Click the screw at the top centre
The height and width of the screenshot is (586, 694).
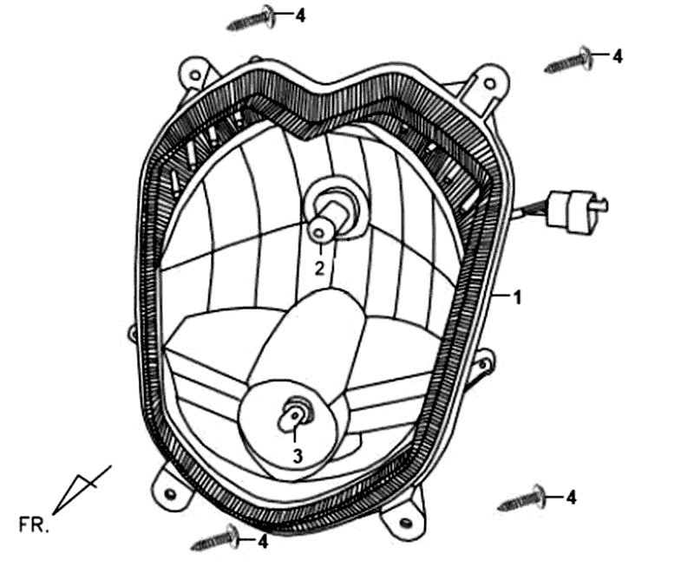tap(252, 18)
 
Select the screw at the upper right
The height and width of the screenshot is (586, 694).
tap(568, 60)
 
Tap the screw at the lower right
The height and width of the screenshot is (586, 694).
tap(521, 498)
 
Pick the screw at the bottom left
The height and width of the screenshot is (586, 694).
tap(214, 537)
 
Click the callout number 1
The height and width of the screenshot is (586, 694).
tap(517, 298)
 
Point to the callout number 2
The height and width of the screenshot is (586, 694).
tap(319, 269)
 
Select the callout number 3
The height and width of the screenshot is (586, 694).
tap(298, 456)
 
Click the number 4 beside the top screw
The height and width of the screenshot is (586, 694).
tap(300, 16)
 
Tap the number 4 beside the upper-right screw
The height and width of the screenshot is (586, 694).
tap(617, 56)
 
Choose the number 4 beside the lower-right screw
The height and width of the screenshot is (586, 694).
tap(572, 498)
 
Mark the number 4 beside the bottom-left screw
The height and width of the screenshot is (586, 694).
tap(263, 541)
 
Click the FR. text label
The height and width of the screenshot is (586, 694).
tap(34, 524)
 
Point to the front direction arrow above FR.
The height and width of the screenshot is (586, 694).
tap(82, 490)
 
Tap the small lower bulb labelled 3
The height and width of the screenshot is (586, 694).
tap(294, 416)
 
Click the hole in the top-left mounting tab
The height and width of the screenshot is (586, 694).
tap(194, 75)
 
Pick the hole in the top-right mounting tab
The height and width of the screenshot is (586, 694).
tap(489, 83)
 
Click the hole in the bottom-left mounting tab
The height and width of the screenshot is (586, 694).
tap(170, 492)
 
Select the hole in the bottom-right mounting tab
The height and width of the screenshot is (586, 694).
tap(405, 524)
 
